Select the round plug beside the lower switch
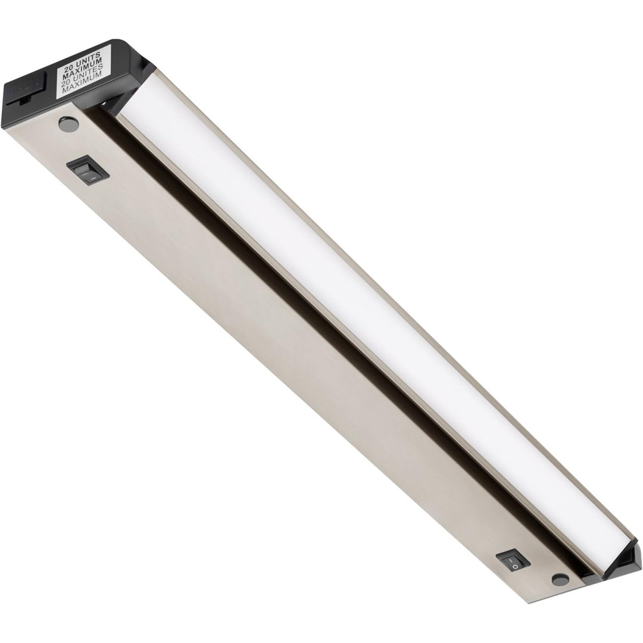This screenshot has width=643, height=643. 558,578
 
